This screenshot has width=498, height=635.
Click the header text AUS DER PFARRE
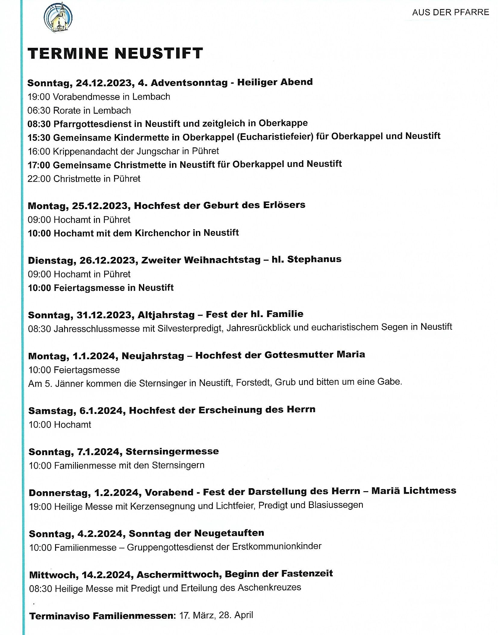pyautogui.click(x=450, y=12)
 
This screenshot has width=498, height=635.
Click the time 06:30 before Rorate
pyautogui.click(x=39, y=110)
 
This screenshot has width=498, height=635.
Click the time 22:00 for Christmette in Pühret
pyautogui.click(x=39, y=179)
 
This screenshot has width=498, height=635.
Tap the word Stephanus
pyautogui.click(x=314, y=259)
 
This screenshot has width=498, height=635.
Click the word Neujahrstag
pyautogui.click(x=153, y=356)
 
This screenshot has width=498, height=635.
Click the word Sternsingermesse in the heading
pyautogui.click(x=172, y=452)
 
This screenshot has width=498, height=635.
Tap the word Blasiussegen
pyautogui.click(x=335, y=505)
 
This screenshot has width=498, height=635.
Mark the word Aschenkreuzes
pyautogui.click(x=269, y=587)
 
